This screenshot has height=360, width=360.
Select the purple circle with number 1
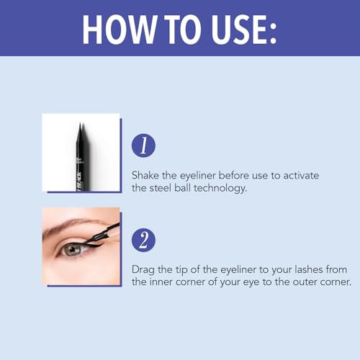pyautogui.click(x=143, y=145)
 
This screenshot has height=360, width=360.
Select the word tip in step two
pyautogui.click(x=186, y=269)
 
